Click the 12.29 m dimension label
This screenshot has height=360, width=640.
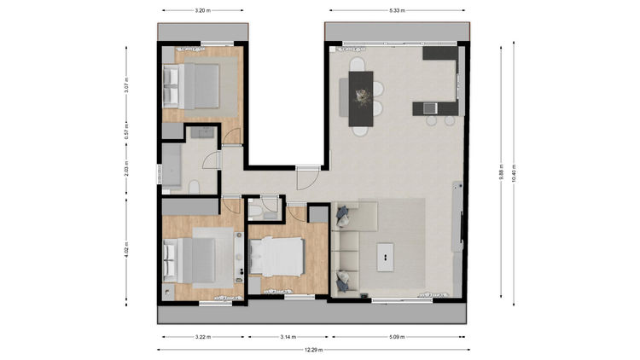point(313,350)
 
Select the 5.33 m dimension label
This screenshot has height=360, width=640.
point(397,10)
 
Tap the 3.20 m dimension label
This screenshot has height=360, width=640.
point(203,10)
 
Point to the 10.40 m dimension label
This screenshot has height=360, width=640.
point(514,173)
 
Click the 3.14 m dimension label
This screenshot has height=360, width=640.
point(288,337)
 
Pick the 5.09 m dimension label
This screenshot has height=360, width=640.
point(397,337)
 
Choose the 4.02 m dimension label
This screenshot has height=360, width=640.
point(126,249)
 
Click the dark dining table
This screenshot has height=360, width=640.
point(361,99)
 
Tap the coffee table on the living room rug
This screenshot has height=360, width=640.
point(386,257)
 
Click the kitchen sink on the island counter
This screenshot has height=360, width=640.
point(430,108)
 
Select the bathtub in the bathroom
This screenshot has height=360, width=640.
point(172,165)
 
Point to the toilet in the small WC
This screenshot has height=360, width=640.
point(255,211)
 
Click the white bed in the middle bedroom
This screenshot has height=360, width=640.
point(276,257)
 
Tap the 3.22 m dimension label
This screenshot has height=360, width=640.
point(203,337)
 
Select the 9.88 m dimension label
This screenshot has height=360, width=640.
point(502,171)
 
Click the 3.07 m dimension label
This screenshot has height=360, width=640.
point(126,85)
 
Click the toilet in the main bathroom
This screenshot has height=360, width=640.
point(195,187)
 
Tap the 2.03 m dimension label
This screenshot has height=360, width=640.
point(126,169)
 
